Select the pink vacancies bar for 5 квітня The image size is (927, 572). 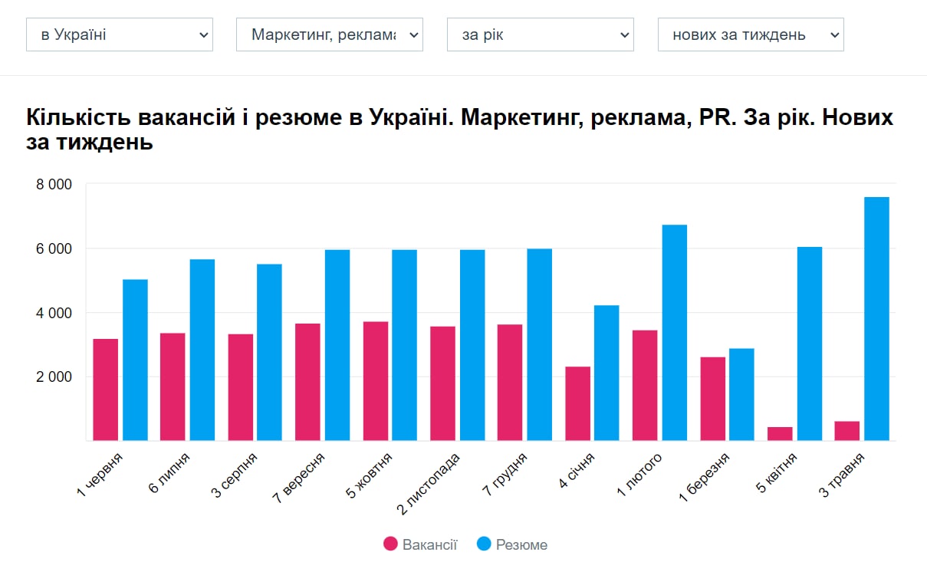point(780,434)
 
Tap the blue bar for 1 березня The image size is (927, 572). point(741,395)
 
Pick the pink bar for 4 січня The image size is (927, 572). point(577,404)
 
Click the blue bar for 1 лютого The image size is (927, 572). point(675,333)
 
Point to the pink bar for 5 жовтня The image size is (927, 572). point(376,381)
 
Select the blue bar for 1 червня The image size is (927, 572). point(135,360)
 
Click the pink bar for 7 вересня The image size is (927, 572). point(307,382)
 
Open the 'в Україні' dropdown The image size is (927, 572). point(119,35)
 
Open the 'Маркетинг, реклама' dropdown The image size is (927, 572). point(329,35)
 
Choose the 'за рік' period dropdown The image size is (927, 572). point(540,35)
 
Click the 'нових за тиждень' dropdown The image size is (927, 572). point(750,35)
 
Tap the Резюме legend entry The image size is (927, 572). point(512,544)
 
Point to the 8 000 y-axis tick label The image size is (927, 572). point(54,185)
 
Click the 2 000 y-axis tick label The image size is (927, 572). point(54,377)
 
